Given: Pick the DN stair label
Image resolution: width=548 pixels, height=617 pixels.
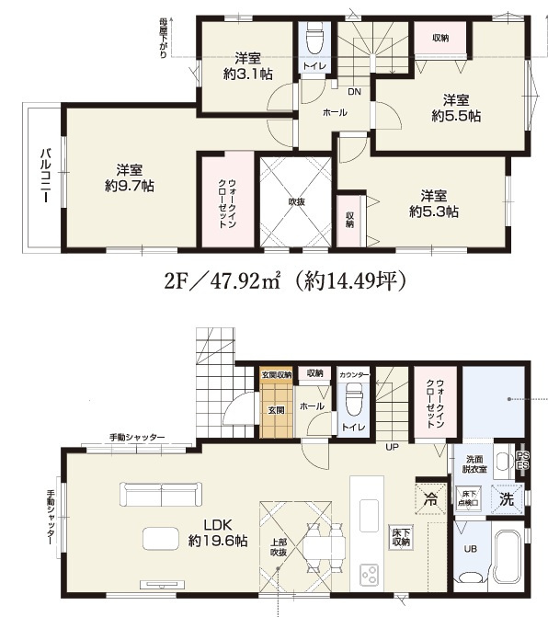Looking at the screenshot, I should point(354,91).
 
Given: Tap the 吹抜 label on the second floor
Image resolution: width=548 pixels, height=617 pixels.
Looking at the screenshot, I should point(296,201).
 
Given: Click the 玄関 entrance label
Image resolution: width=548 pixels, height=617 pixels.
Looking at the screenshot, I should point(275,409).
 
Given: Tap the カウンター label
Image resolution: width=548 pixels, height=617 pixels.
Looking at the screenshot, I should point(353,375).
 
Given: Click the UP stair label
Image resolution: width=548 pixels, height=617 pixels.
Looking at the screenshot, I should point(392,448).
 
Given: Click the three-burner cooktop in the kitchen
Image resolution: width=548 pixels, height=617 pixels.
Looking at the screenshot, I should point(371,574).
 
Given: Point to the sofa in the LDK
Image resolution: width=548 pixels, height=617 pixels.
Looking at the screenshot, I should point(160,496).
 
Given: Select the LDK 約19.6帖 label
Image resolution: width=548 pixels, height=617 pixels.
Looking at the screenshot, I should point(216,532).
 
